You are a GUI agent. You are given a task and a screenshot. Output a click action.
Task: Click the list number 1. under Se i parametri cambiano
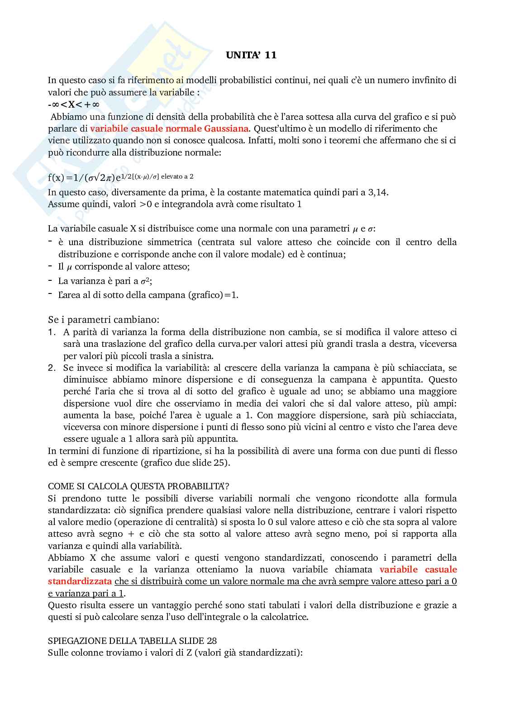pos(52,332)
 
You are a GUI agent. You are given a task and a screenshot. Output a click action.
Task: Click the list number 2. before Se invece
pos(52,368)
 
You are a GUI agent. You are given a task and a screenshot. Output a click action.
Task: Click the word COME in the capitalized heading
pos(59,487)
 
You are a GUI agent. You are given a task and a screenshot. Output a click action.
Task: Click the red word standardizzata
pos(80,581)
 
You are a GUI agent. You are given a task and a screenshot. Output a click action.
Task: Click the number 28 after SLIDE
pos(211,641)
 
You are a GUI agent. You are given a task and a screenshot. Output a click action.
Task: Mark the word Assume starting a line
pos(63,204)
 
